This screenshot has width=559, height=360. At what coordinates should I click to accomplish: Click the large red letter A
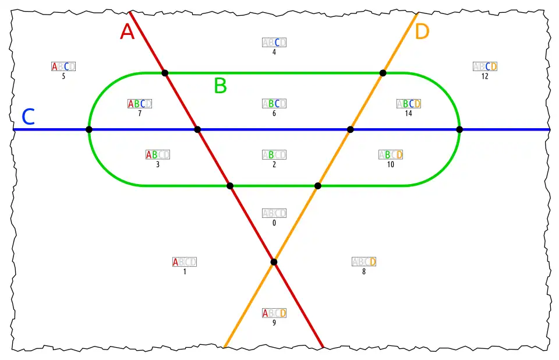click(128, 31)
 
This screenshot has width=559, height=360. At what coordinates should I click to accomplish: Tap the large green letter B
click(220, 86)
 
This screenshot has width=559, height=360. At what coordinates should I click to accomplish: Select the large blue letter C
click(28, 117)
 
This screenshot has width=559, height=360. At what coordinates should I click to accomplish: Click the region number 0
click(274, 223)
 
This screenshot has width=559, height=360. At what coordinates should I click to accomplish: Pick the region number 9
click(274, 323)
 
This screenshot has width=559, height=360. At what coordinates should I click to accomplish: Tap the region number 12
click(485, 76)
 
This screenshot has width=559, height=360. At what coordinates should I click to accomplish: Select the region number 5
click(63, 76)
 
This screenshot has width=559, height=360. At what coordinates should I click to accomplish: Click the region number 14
click(408, 113)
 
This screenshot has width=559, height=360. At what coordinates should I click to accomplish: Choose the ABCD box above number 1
click(185, 262)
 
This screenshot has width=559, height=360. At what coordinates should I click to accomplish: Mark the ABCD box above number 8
click(364, 262)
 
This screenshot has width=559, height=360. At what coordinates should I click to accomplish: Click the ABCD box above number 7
click(140, 104)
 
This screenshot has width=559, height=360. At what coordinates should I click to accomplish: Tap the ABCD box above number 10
click(391, 155)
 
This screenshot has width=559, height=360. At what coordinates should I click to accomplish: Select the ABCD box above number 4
click(274, 43)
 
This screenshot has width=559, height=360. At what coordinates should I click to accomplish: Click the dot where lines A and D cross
click(274, 262)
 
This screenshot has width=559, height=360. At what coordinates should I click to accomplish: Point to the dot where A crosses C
click(197, 129)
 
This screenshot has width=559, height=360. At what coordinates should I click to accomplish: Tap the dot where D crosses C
click(350, 129)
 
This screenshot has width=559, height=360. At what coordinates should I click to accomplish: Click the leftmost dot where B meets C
click(89, 129)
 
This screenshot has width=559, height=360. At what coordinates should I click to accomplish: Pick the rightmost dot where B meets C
click(459, 129)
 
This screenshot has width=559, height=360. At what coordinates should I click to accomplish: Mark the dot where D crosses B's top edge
click(383, 73)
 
